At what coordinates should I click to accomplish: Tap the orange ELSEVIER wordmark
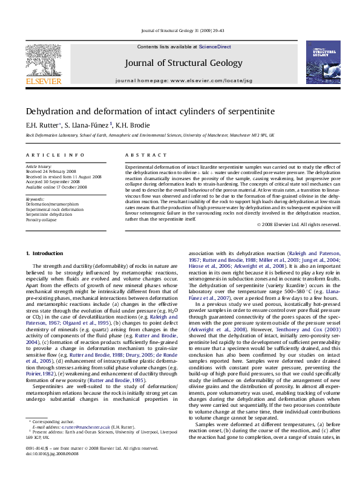coord(43,80)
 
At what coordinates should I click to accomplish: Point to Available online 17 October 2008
coord(57,186)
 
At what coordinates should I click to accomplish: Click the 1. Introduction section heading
coord(47,270)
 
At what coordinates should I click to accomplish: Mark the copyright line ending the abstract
coord(299,225)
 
